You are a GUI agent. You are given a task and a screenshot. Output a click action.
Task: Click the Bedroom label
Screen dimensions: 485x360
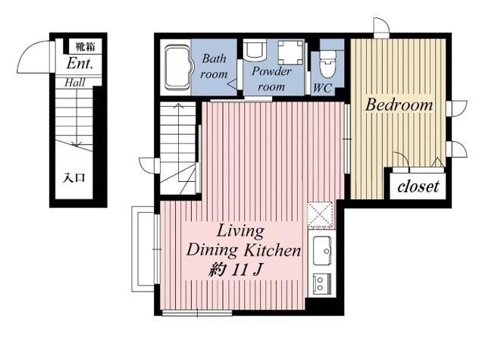coord(399,105)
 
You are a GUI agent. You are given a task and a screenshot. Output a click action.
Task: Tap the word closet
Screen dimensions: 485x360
coord(418,186)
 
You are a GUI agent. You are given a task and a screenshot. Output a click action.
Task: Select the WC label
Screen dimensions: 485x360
coord(323,88)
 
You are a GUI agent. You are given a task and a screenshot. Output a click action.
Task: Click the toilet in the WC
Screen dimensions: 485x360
coord(327,64)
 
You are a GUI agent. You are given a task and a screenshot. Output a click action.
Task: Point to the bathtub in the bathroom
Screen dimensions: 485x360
coord(177,67)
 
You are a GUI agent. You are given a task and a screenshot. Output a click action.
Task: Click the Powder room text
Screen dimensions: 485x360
coord(271,79)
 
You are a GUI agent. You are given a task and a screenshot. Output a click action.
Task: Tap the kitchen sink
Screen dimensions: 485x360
coord(322,251)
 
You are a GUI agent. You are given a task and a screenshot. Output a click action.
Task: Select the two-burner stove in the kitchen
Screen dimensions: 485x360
coord(322,283)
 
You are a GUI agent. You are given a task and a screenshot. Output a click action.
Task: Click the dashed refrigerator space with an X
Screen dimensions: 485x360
coord(320,214)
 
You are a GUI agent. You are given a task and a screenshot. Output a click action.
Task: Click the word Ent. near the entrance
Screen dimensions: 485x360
coord(80,64)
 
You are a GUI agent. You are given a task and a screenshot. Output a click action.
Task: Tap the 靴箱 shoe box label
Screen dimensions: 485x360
coord(86,47)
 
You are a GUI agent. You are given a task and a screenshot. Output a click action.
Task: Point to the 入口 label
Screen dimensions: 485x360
coord(74,178)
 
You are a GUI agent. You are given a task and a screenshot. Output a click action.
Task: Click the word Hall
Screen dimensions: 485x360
coord(75,83)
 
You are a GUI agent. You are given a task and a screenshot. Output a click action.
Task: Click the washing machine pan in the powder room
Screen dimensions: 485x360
coord(291,52)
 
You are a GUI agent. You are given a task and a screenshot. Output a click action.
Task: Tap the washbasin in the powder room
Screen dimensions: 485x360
coord(254,49)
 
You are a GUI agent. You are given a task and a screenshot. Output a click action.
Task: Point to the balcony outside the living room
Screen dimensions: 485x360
coord(142,249)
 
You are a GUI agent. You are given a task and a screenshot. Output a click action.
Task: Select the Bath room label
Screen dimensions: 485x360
coord(214,66)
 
